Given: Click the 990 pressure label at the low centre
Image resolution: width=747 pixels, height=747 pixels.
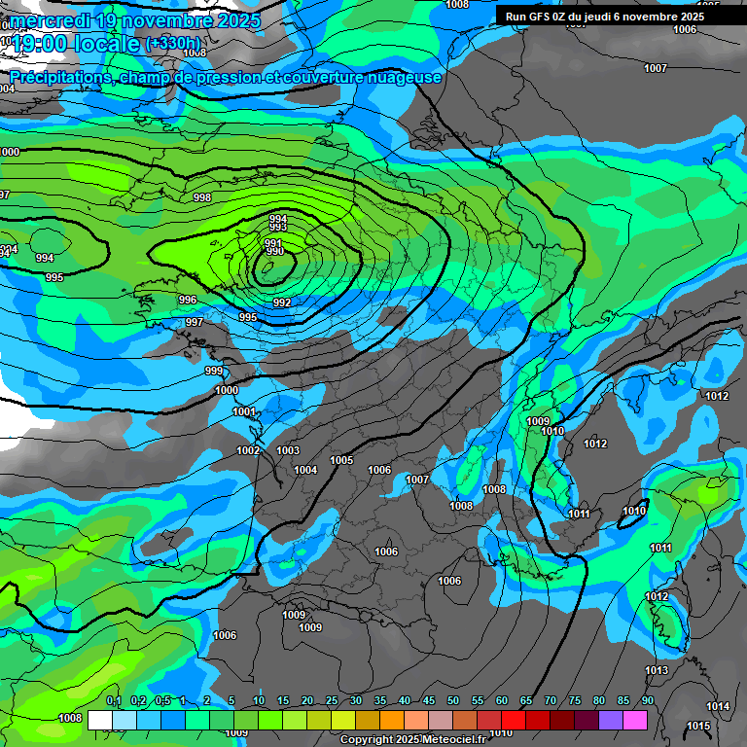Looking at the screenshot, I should click(275, 252).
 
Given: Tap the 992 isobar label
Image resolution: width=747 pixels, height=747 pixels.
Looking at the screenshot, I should click(282, 302).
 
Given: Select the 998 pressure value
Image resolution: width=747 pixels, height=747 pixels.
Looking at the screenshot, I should click(202, 197).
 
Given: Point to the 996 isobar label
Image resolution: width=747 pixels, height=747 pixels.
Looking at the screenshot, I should click(188, 300).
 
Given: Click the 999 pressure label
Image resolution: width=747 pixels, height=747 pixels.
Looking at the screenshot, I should click(214, 371).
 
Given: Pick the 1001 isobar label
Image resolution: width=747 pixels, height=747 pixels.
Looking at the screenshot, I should click(243, 411).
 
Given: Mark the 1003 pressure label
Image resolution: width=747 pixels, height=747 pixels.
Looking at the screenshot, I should click(288, 450).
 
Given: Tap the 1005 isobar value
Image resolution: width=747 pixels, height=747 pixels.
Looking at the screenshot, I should click(341, 460).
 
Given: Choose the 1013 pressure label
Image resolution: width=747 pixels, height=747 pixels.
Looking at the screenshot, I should click(657, 670).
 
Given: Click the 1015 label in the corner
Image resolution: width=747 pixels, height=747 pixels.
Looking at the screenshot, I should click(698, 726).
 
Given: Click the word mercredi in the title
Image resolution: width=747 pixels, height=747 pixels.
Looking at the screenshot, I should click(53, 20).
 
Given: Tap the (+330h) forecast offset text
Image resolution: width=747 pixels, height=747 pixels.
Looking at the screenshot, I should click(175, 44).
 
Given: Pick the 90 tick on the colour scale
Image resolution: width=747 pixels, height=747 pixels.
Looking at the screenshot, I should click(648, 701).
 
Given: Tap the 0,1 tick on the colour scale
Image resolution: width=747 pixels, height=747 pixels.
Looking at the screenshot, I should click(114, 701).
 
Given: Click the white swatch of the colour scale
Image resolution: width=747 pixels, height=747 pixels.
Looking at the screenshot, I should click(99, 720).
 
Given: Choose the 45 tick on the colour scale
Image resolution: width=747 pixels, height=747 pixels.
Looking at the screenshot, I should click(429, 701).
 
